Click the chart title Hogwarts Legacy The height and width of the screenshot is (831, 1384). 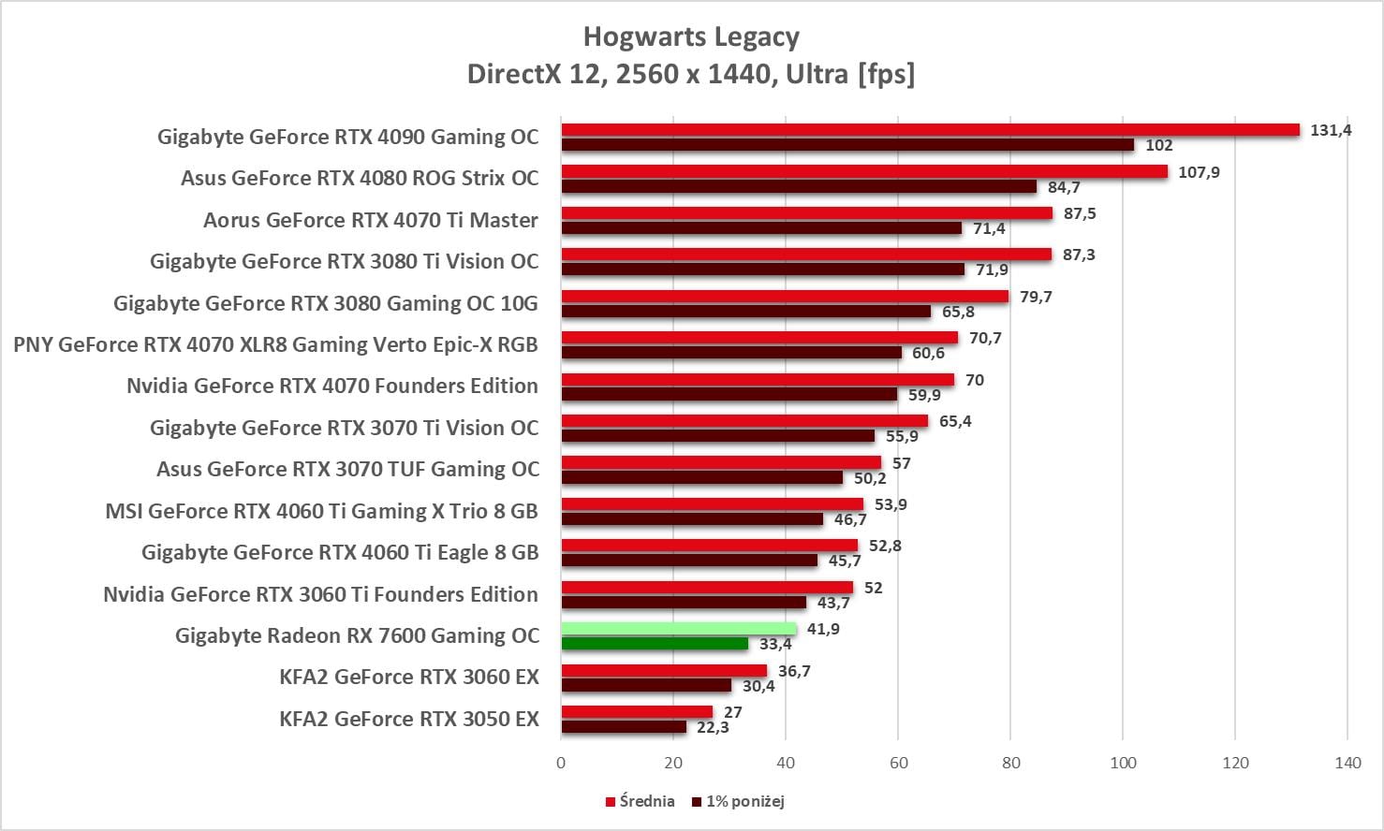coord(691,36)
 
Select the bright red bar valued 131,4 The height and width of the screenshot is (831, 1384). coord(930,130)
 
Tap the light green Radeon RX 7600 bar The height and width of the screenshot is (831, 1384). coord(679,629)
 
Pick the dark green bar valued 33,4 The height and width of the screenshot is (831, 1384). coord(655,644)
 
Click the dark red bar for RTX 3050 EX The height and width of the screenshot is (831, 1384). coord(624,727)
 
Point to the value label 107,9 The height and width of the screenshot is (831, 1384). coord(1199,172)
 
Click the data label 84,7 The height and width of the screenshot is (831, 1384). coord(1064,187)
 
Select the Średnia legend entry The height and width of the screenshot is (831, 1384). coord(640,801)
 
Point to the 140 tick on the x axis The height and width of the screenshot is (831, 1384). coord(1347,763)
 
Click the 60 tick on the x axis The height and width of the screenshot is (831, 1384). coord(898,763)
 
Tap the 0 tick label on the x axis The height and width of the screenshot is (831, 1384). coord(561,763)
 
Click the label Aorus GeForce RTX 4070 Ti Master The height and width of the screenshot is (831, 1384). coord(371,220)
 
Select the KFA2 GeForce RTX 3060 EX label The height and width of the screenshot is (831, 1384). coord(409,677)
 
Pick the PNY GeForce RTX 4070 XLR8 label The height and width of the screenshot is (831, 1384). coord(275,344)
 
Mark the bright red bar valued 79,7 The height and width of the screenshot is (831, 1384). coord(785,297)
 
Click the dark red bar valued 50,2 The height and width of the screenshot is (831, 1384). coord(702,478)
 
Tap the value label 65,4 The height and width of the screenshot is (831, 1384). coord(955,421)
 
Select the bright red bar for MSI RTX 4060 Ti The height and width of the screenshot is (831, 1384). coord(712,504)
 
